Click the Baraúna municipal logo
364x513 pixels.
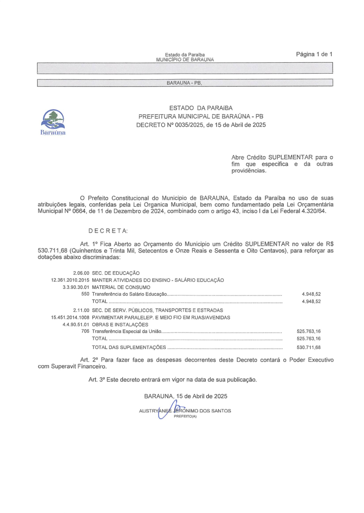(x=53, y=121)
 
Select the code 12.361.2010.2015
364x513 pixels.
(x=70, y=280)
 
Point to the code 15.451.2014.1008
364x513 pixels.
(x=70, y=317)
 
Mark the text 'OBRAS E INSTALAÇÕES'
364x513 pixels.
(x=120, y=324)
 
